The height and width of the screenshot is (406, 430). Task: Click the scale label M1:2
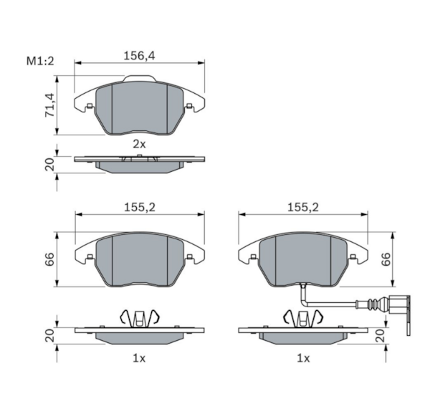click(40, 61)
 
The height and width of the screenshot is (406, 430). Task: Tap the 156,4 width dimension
click(139, 56)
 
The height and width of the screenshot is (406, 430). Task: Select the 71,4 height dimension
click(50, 105)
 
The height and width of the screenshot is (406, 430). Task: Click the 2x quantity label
click(139, 144)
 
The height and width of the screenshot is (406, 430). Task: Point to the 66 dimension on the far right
click(386, 259)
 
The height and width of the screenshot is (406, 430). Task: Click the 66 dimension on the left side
click(50, 259)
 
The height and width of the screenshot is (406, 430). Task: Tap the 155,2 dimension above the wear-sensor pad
click(302, 208)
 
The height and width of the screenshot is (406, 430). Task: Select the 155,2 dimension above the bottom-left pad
click(140, 208)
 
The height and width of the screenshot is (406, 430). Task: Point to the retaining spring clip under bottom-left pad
click(140, 318)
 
